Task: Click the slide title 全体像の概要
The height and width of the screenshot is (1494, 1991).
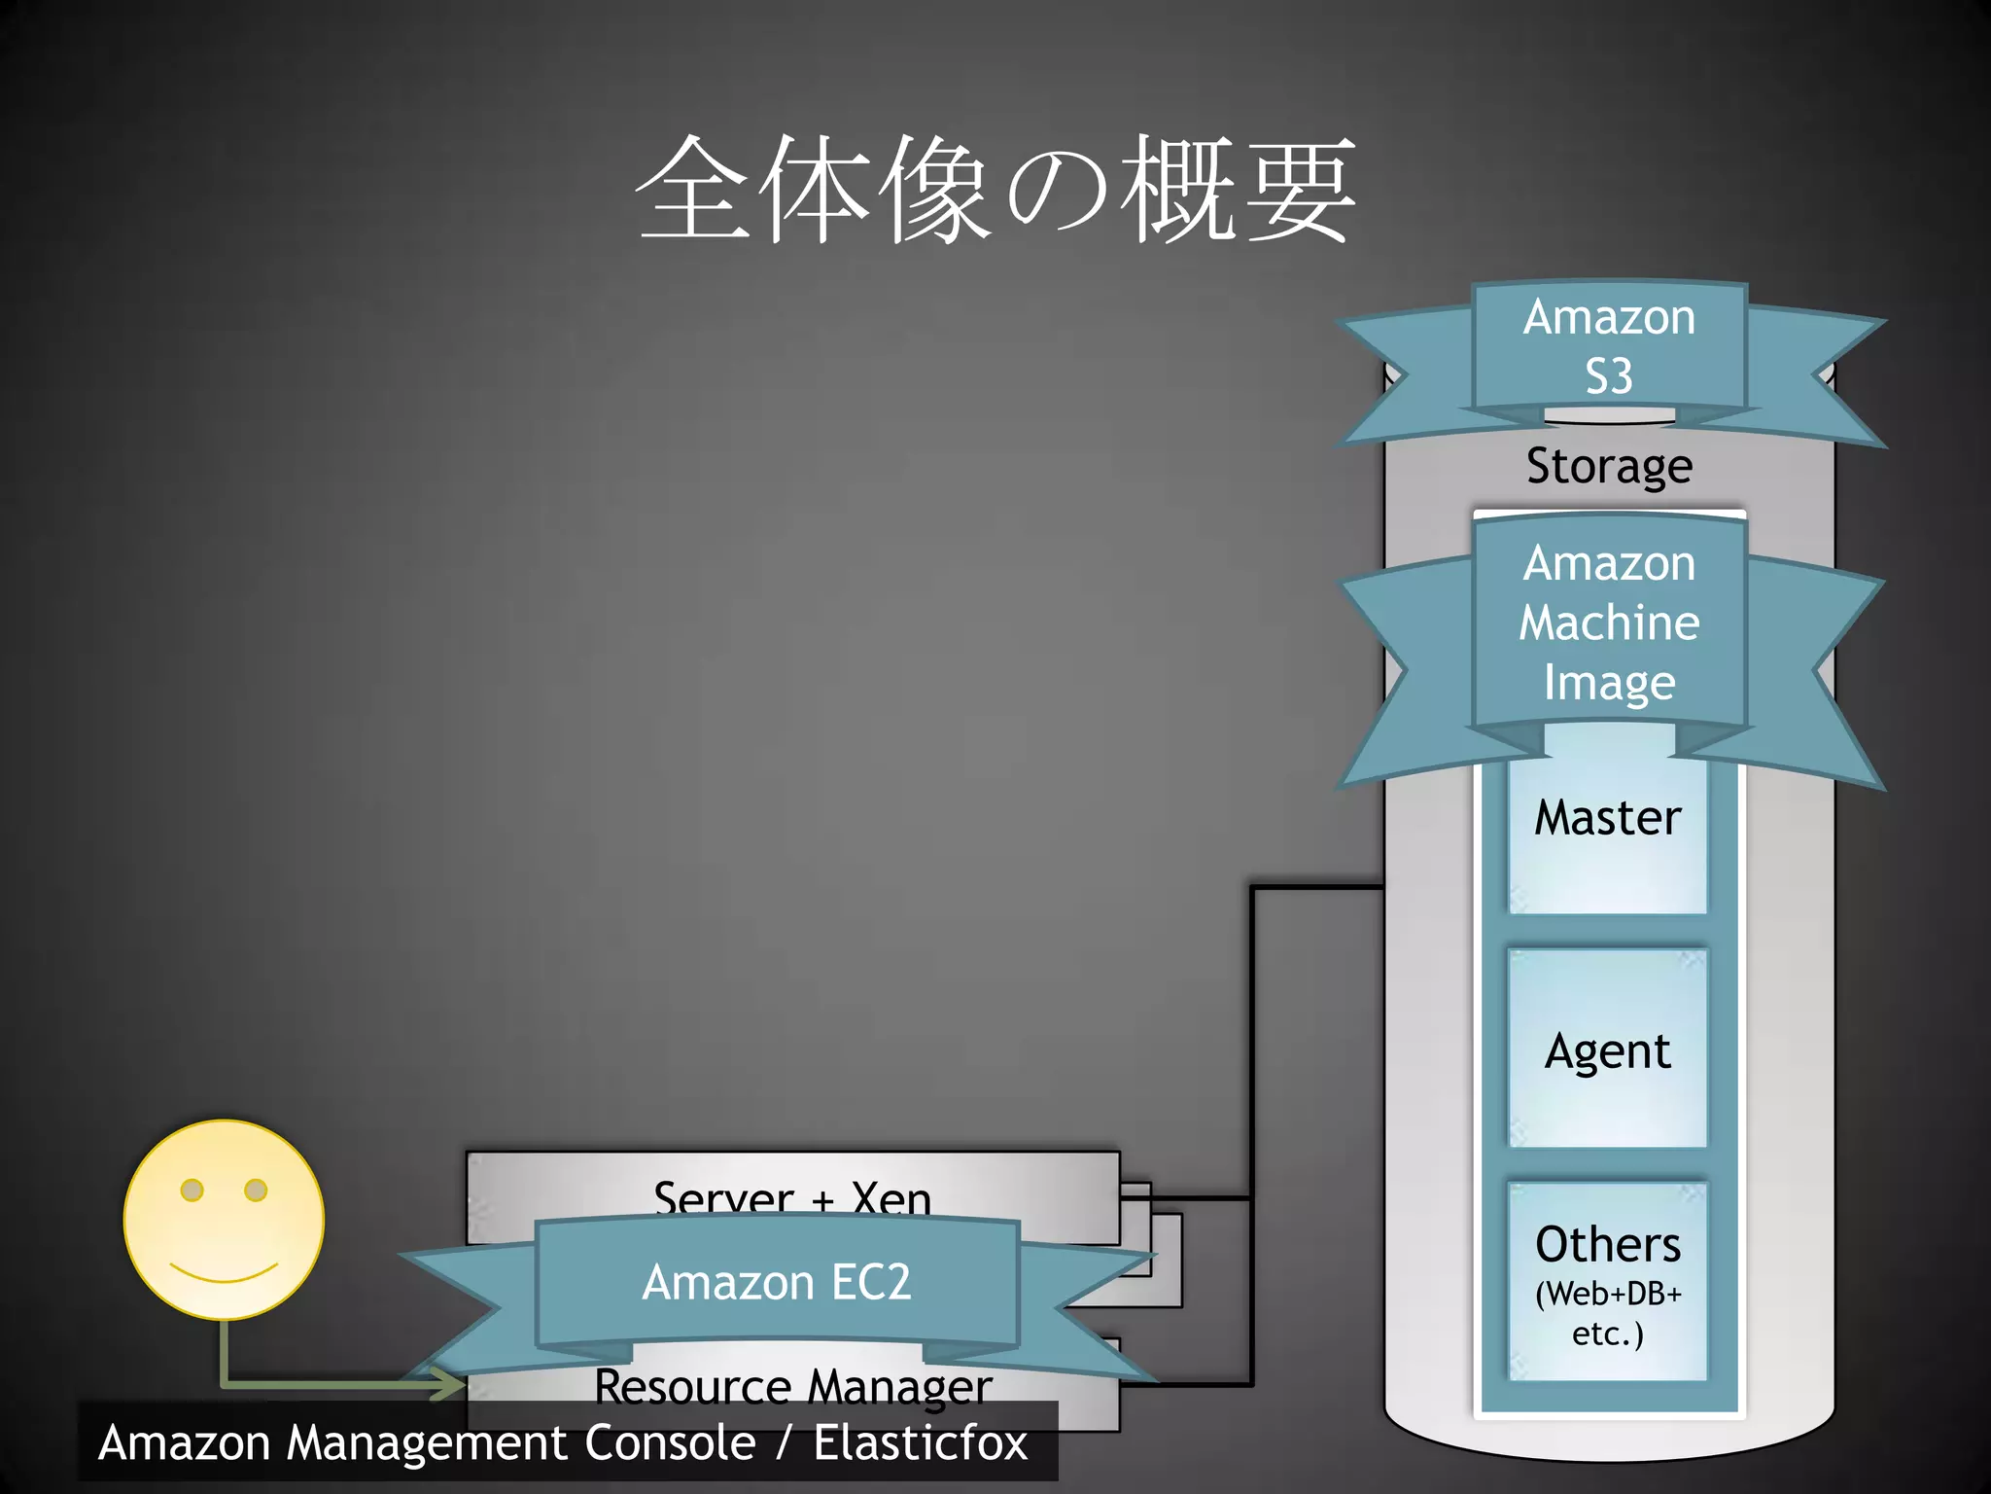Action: [x=995, y=190]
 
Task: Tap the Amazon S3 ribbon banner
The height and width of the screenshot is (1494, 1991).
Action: [x=1609, y=347]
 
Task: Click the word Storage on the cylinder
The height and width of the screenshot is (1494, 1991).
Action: [x=1609, y=466]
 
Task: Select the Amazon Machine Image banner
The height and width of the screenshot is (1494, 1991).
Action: [x=1609, y=622]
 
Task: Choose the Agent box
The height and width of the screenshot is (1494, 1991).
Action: [x=1608, y=1050]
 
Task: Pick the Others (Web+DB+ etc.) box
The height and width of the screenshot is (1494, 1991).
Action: [x=1608, y=1282]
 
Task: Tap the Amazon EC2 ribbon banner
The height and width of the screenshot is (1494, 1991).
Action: [x=777, y=1282]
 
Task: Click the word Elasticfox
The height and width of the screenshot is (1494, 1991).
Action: [x=921, y=1442]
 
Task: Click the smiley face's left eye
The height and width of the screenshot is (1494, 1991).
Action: [x=192, y=1190]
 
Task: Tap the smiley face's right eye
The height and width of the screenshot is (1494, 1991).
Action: [x=256, y=1190]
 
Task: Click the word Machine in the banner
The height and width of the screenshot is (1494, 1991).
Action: [x=1609, y=622]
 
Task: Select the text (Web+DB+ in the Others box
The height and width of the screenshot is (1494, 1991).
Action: [x=1608, y=1294]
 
